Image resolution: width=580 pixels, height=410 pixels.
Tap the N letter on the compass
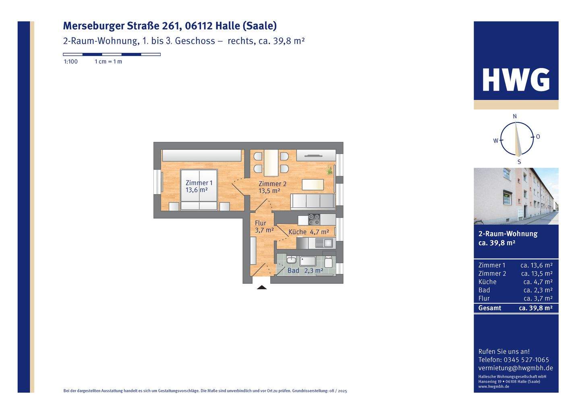point(515,116)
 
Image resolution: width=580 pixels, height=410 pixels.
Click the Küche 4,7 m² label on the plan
point(309,232)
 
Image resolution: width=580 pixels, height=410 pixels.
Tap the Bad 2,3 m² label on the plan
point(305,271)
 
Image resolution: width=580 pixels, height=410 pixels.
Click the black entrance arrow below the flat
point(262,287)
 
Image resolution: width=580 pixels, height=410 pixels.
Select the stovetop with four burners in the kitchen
point(314,219)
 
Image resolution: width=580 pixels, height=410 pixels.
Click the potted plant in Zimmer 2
point(329,170)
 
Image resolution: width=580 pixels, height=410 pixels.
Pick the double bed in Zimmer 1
point(199,190)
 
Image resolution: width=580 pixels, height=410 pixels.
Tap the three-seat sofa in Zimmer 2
point(313,201)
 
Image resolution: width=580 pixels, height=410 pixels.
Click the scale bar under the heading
point(112,54)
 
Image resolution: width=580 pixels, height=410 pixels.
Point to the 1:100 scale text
point(71,62)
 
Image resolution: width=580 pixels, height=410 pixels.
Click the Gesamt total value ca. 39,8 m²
point(536,308)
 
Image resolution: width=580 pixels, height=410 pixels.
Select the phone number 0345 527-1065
point(526,360)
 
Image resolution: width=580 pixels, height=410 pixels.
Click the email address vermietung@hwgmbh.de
point(516,368)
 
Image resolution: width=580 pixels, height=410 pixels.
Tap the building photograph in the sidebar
point(516,196)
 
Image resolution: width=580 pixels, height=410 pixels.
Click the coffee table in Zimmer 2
point(313,185)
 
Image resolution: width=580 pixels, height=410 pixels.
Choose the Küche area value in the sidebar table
point(538,282)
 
